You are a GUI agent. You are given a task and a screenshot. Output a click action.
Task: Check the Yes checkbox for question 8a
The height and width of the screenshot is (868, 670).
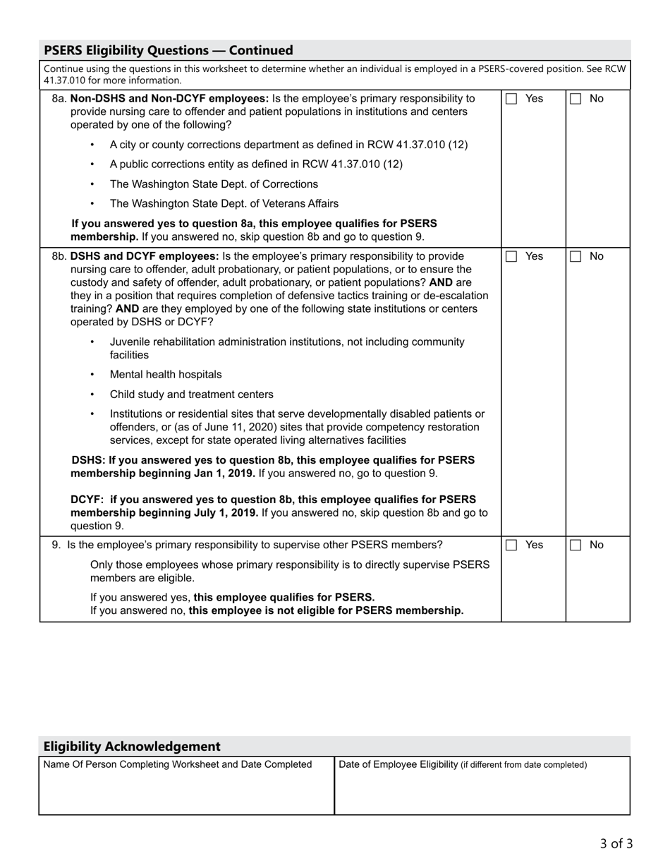click(x=511, y=100)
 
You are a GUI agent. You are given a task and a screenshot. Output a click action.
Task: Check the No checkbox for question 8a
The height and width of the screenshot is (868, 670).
click(x=575, y=100)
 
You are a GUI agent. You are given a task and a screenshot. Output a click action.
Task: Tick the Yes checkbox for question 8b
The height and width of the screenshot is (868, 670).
click(x=511, y=257)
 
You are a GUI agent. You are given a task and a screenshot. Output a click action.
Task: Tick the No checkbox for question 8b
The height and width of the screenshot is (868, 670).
click(x=575, y=257)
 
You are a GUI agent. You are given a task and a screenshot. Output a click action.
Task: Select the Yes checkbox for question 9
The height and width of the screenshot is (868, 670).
click(x=511, y=545)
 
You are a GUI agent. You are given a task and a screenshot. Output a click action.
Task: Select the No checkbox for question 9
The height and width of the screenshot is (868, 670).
click(x=575, y=545)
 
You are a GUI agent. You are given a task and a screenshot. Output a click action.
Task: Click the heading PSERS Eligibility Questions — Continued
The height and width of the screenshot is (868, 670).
click(x=169, y=50)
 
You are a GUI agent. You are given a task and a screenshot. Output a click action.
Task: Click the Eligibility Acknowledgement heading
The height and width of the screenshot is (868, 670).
click(x=132, y=746)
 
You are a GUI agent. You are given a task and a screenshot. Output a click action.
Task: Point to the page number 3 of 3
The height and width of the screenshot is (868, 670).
click(x=616, y=843)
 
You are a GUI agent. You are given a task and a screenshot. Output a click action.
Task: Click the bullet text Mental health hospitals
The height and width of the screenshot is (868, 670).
click(x=166, y=375)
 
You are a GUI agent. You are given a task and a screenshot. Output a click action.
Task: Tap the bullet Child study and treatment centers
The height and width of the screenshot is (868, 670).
click(x=191, y=394)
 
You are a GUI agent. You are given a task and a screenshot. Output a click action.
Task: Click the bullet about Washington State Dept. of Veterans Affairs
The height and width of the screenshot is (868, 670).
click(x=224, y=203)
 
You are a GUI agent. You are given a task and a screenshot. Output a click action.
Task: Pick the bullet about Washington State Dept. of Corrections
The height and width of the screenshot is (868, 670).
click(x=214, y=184)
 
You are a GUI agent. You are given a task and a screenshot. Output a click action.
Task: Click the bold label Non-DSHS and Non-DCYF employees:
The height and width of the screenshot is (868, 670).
click(x=169, y=99)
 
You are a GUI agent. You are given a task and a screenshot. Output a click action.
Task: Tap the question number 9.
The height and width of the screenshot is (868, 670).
click(x=56, y=545)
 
